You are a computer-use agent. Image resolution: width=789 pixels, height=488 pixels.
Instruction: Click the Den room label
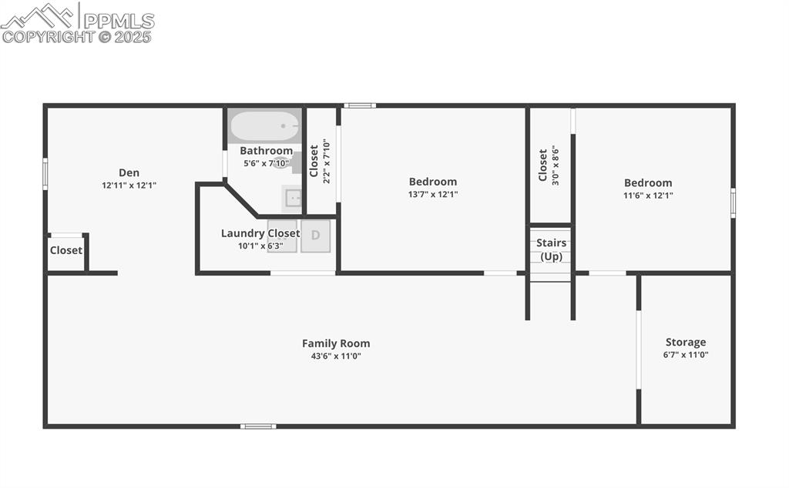pyautogui.click(x=129, y=173)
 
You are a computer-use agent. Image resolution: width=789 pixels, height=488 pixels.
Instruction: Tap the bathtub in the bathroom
pyautogui.click(x=265, y=125)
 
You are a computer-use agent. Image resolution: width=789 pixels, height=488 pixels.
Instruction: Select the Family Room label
pyautogui.click(x=336, y=343)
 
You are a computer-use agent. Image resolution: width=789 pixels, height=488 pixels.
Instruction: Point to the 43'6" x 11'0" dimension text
pyautogui.click(x=336, y=356)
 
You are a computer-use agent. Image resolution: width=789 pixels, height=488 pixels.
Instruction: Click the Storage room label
pyautogui.click(x=685, y=343)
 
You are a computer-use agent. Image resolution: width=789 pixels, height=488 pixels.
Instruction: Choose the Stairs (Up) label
pyautogui.click(x=551, y=249)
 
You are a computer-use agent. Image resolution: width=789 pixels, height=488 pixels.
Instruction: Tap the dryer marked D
pyautogui.click(x=315, y=236)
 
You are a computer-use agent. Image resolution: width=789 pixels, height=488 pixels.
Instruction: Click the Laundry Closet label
pyautogui.click(x=260, y=233)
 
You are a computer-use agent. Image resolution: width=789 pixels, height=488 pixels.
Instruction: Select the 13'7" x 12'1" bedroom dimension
pyautogui.click(x=433, y=195)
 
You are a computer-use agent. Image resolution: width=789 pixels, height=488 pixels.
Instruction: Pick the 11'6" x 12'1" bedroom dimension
pyautogui.click(x=647, y=196)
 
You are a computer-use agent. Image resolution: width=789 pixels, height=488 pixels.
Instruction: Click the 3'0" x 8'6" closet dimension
pyautogui.click(x=556, y=165)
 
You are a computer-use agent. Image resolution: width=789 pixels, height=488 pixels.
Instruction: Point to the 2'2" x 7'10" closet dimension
pyautogui.click(x=327, y=162)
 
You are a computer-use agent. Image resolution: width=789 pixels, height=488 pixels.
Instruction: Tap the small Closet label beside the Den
pyautogui.click(x=66, y=250)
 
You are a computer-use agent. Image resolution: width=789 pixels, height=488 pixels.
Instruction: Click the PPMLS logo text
pyautogui.click(x=119, y=21)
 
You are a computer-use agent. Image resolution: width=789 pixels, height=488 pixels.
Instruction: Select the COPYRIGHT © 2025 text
pyautogui.click(x=76, y=37)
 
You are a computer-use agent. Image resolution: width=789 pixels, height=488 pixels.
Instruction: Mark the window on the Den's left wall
pyautogui.click(x=45, y=174)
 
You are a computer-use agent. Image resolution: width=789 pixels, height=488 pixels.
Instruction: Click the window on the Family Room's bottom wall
pyautogui.click(x=258, y=426)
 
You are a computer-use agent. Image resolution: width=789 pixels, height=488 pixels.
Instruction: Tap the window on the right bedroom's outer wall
pyautogui.click(x=733, y=203)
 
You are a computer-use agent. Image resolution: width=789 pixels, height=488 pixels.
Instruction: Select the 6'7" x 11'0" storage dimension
pyautogui.click(x=685, y=355)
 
